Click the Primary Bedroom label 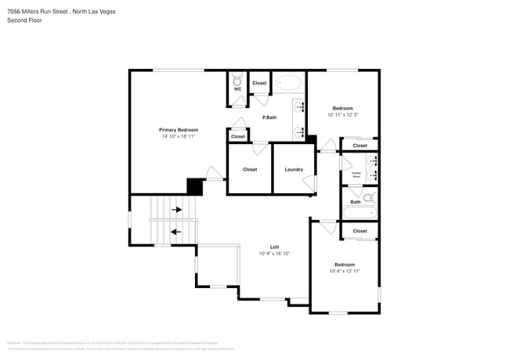coord(178,130)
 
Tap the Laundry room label coord(294,169)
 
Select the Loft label coord(275,247)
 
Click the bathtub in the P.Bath coord(288,82)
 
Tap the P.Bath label coord(269,117)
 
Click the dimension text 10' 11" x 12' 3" coord(342,115)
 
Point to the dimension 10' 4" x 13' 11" coord(344,272)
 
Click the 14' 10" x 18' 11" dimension coord(178,136)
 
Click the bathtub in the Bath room coord(360,213)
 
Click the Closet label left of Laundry coord(250,169)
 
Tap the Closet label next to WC coord(259,83)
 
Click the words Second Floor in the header coord(24,20)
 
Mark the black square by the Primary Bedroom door coord(194,186)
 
